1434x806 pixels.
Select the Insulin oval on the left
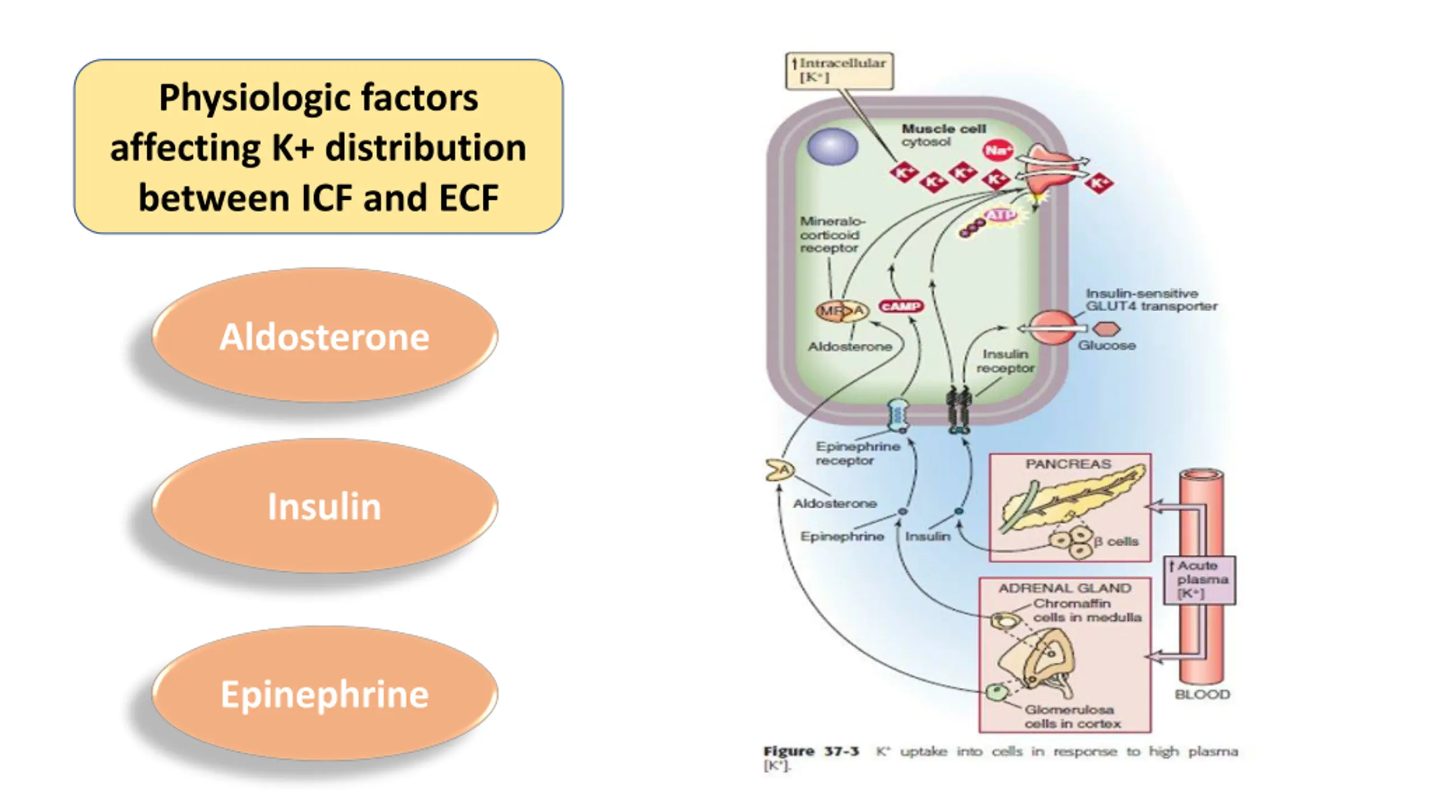tap(324, 505)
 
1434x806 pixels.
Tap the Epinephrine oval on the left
tap(324, 693)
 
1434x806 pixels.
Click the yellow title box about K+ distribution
tap(318, 147)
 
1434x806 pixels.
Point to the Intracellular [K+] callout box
tap(839, 71)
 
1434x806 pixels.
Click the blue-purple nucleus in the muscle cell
tap(832, 147)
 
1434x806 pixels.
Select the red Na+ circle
tap(998, 150)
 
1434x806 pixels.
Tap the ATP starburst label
tap(1000, 215)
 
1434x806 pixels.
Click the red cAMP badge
tap(901, 306)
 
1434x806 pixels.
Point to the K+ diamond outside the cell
tap(1098, 183)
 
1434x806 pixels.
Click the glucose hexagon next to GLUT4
tap(1107, 329)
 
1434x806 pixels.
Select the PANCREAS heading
tap(1068, 465)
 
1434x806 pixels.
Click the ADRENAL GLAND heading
tap(1065, 588)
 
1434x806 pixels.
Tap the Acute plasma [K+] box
tap(1199, 580)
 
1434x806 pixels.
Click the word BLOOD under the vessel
tap(1202, 695)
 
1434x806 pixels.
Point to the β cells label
tap(1116, 541)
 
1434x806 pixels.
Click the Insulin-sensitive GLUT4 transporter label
tap(1151, 299)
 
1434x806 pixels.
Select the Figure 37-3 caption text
tap(1000, 758)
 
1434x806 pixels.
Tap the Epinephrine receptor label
tap(858, 453)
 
